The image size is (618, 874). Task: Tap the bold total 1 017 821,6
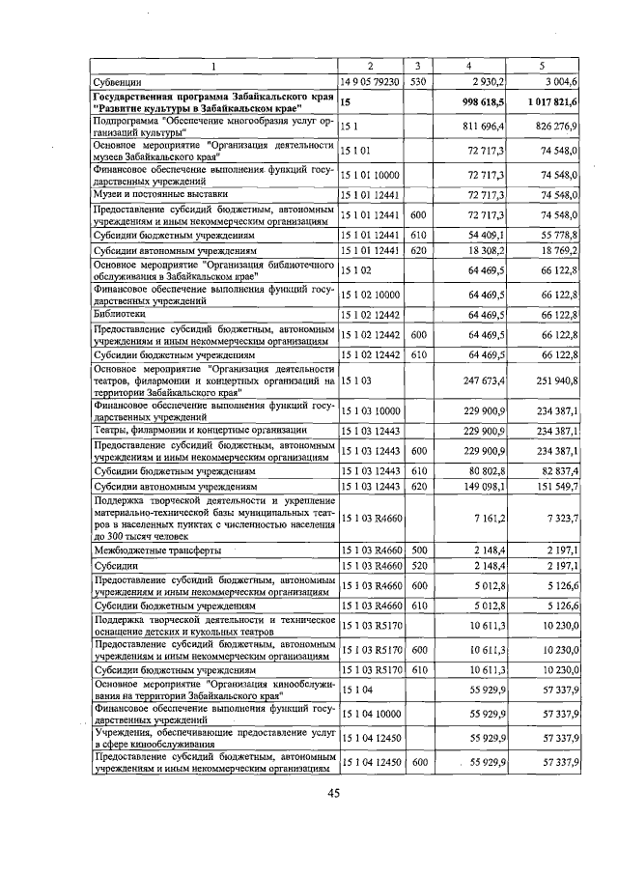[x=552, y=101]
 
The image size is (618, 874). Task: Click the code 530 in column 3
[x=418, y=83]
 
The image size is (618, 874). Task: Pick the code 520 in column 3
[x=418, y=566]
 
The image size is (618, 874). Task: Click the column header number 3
[x=418, y=66]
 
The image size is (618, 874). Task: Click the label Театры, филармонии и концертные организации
[x=200, y=429]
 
